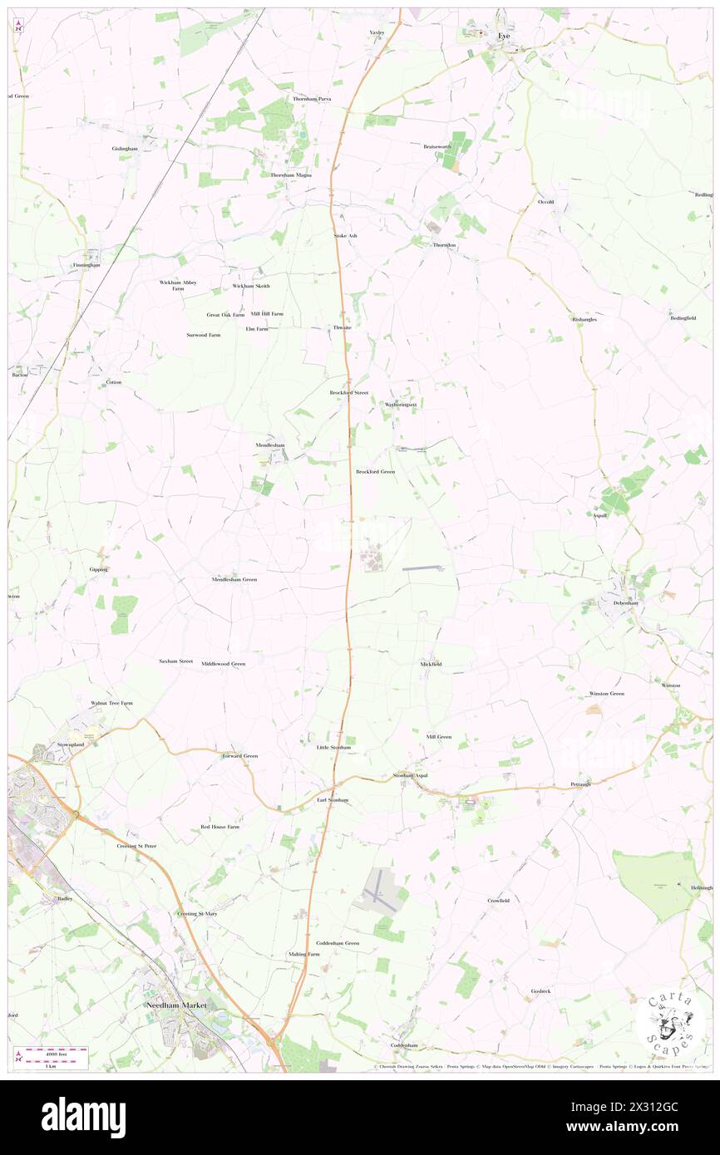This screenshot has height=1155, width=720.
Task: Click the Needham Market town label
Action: (x=175, y=1005)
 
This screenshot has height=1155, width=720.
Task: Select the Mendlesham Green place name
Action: (x=234, y=579)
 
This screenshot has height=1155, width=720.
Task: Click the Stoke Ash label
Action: (x=345, y=236)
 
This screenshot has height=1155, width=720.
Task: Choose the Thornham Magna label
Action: (x=291, y=175)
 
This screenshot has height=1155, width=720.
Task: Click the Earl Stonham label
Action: (x=333, y=800)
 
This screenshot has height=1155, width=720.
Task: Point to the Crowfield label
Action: (x=498, y=900)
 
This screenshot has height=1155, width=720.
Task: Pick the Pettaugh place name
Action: (x=580, y=784)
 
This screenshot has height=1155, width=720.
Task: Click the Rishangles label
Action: (x=584, y=319)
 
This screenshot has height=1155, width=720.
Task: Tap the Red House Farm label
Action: (x=219, y=827)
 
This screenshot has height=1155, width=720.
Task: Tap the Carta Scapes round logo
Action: (x=670, y=1021)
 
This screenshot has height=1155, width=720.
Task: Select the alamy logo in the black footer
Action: (x=83, y=1117)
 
